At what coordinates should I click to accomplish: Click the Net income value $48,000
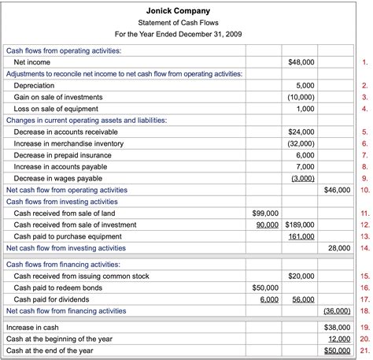pyautogui.click(x=302, y=61)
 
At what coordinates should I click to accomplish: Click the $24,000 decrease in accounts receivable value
pyautogui.click(x=302, y=132)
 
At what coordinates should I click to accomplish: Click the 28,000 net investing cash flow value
pyautogui.click(x=339, y=248)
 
